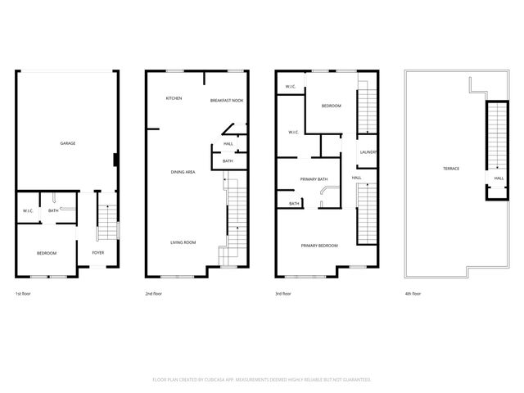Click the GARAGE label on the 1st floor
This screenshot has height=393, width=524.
[x=68, y=143]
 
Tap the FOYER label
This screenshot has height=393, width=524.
[x=97, y=253]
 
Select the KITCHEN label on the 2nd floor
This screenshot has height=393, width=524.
[x=174, y=98]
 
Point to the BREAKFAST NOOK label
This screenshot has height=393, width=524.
[x=226, y=100]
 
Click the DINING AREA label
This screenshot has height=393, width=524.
[x=182, y=172]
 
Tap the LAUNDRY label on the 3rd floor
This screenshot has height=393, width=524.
[x=367, y=153]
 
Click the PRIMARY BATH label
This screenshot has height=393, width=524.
[x=314, y=178]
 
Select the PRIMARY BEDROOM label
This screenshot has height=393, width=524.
[x=318, y=246]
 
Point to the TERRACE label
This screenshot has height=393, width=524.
[x=451, y=169]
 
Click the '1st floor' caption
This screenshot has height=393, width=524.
[x=25, y=293]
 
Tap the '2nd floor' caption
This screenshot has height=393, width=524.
[x=154, y=293]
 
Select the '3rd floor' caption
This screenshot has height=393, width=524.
[x=282, y=293]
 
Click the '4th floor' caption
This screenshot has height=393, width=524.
[x=413, y=293]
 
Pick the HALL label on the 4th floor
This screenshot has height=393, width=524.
[x=498, y=178]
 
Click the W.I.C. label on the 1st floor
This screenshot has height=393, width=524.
[x=27, y=211]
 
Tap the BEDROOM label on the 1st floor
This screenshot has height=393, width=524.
[x=47, y=253]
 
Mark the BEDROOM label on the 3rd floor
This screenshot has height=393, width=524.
[x=331, y=106]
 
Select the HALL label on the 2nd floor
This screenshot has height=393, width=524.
[x=228, y=144]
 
